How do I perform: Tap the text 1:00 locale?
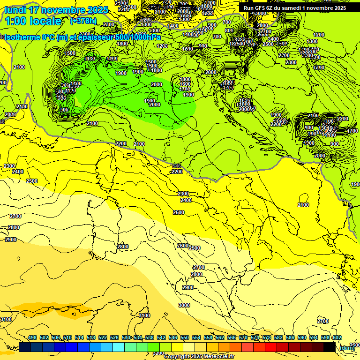[x=33, y=21]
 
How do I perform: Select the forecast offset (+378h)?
[x=83, y=21]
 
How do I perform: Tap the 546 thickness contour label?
[x=177, y=166]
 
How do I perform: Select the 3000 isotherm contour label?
[x=184, y=305]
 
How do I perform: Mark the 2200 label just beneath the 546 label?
[x=177, y=172]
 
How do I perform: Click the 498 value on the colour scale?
[x=32, y=338]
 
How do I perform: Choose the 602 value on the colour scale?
[x=337, y=338]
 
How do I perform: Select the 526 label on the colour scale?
[x=114, y=338]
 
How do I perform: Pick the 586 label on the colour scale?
[x=290, y=338]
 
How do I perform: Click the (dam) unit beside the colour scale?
[x=347, y=347]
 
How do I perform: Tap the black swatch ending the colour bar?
[x=329, y=347]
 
